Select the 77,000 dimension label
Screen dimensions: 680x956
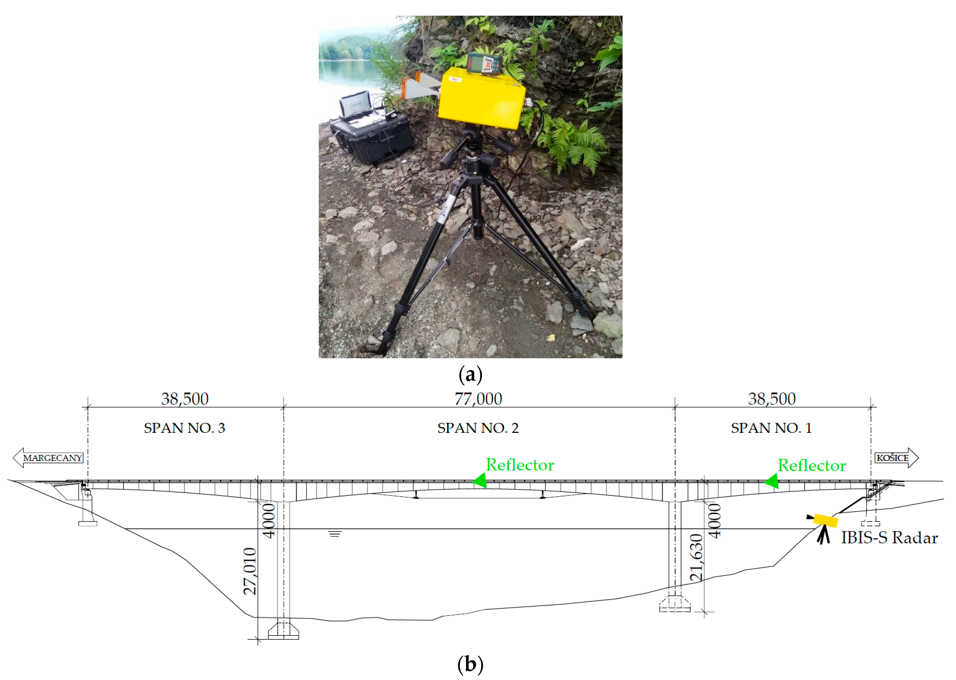(478, 399)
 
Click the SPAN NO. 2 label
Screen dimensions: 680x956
(478, 428)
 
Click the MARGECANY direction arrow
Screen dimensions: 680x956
(48, 458)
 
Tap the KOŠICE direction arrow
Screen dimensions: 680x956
(896, 458)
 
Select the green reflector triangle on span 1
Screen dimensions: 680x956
(772, 481)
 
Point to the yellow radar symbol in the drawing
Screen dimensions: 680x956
(825, 521)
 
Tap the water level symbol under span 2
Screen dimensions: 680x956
(334, 534)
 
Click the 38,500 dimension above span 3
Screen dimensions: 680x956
(185, 399)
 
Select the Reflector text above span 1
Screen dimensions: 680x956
(811, 466)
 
